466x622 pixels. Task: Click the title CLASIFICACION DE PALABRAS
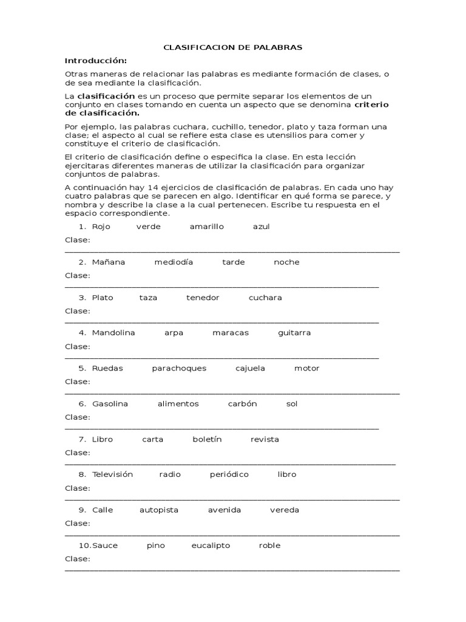pyautogui.click(x=233, y=47)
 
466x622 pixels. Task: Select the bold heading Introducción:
pyautogui.click(x=96, y=61)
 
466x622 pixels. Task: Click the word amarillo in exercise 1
pyautogui.click(x=206, y=227)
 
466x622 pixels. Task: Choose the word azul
pyautogui.click(x=261, y=227)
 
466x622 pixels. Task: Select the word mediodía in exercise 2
pyautogui.click(x=174, y=262)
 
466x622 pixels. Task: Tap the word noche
pyautogui.click(x=286, y=262)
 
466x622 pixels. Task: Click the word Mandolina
pyautogui.click(x=113, y=333)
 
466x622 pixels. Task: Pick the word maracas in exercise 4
pyautogui.click(x=231, y=333)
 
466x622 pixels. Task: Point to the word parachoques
pyautogui.click(x=179, y=368)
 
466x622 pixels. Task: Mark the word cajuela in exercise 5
pyautogui.click(x=250, y=368)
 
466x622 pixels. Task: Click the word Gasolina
pyautogui.click(x=110, y=404)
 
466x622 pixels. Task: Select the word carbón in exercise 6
pyautogui.click(x=242, y=404)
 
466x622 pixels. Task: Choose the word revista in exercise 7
pyautogui.click(x=265, y=439)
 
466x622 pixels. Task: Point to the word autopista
pyautogui.click(x=159, y=510)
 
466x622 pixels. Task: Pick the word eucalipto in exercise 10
pyautogui.click(x=211, y=545)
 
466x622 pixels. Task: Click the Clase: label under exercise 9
pyautogui.click(x=77, y=523)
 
